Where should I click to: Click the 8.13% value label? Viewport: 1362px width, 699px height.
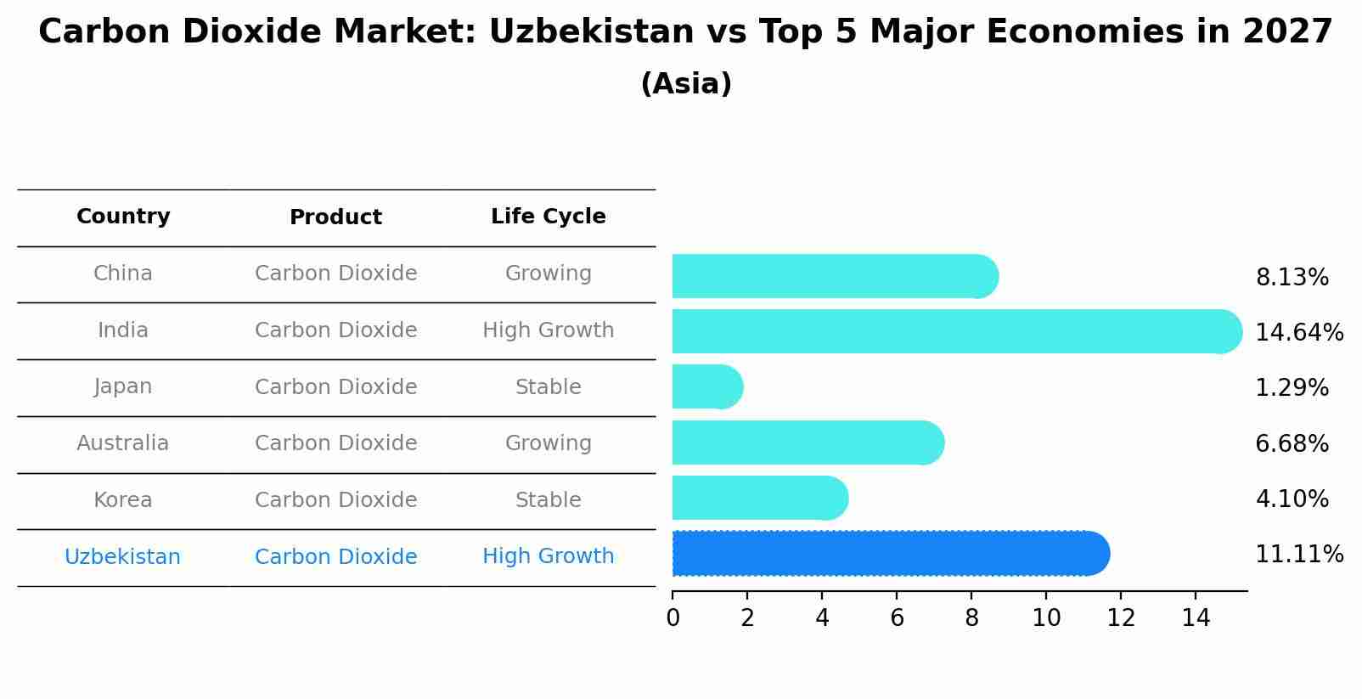pos(1292,278)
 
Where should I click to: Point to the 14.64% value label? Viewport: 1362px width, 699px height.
pos(1298,333)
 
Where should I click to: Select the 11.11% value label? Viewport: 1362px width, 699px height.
pos(1298,555)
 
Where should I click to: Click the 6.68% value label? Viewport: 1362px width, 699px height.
pos(1292,443)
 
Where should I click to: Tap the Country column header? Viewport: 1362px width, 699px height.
pos(123,217)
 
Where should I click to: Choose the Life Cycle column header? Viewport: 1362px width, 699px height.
pos(548,217)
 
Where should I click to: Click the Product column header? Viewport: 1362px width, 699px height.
pos(335,217)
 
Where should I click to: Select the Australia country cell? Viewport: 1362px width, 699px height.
pos(123,443)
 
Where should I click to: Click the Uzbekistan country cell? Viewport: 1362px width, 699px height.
pos(123,557)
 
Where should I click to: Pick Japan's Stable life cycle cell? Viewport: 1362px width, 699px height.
pos(548,387)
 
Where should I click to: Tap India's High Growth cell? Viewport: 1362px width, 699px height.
pos(548,330)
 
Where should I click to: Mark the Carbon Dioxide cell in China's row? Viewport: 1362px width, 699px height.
pos(335,273)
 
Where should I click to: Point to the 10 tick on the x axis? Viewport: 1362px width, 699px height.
pos(1046,618)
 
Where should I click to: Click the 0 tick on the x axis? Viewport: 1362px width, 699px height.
pos(673,618)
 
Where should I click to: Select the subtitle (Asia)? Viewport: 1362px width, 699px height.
pos(686,84)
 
